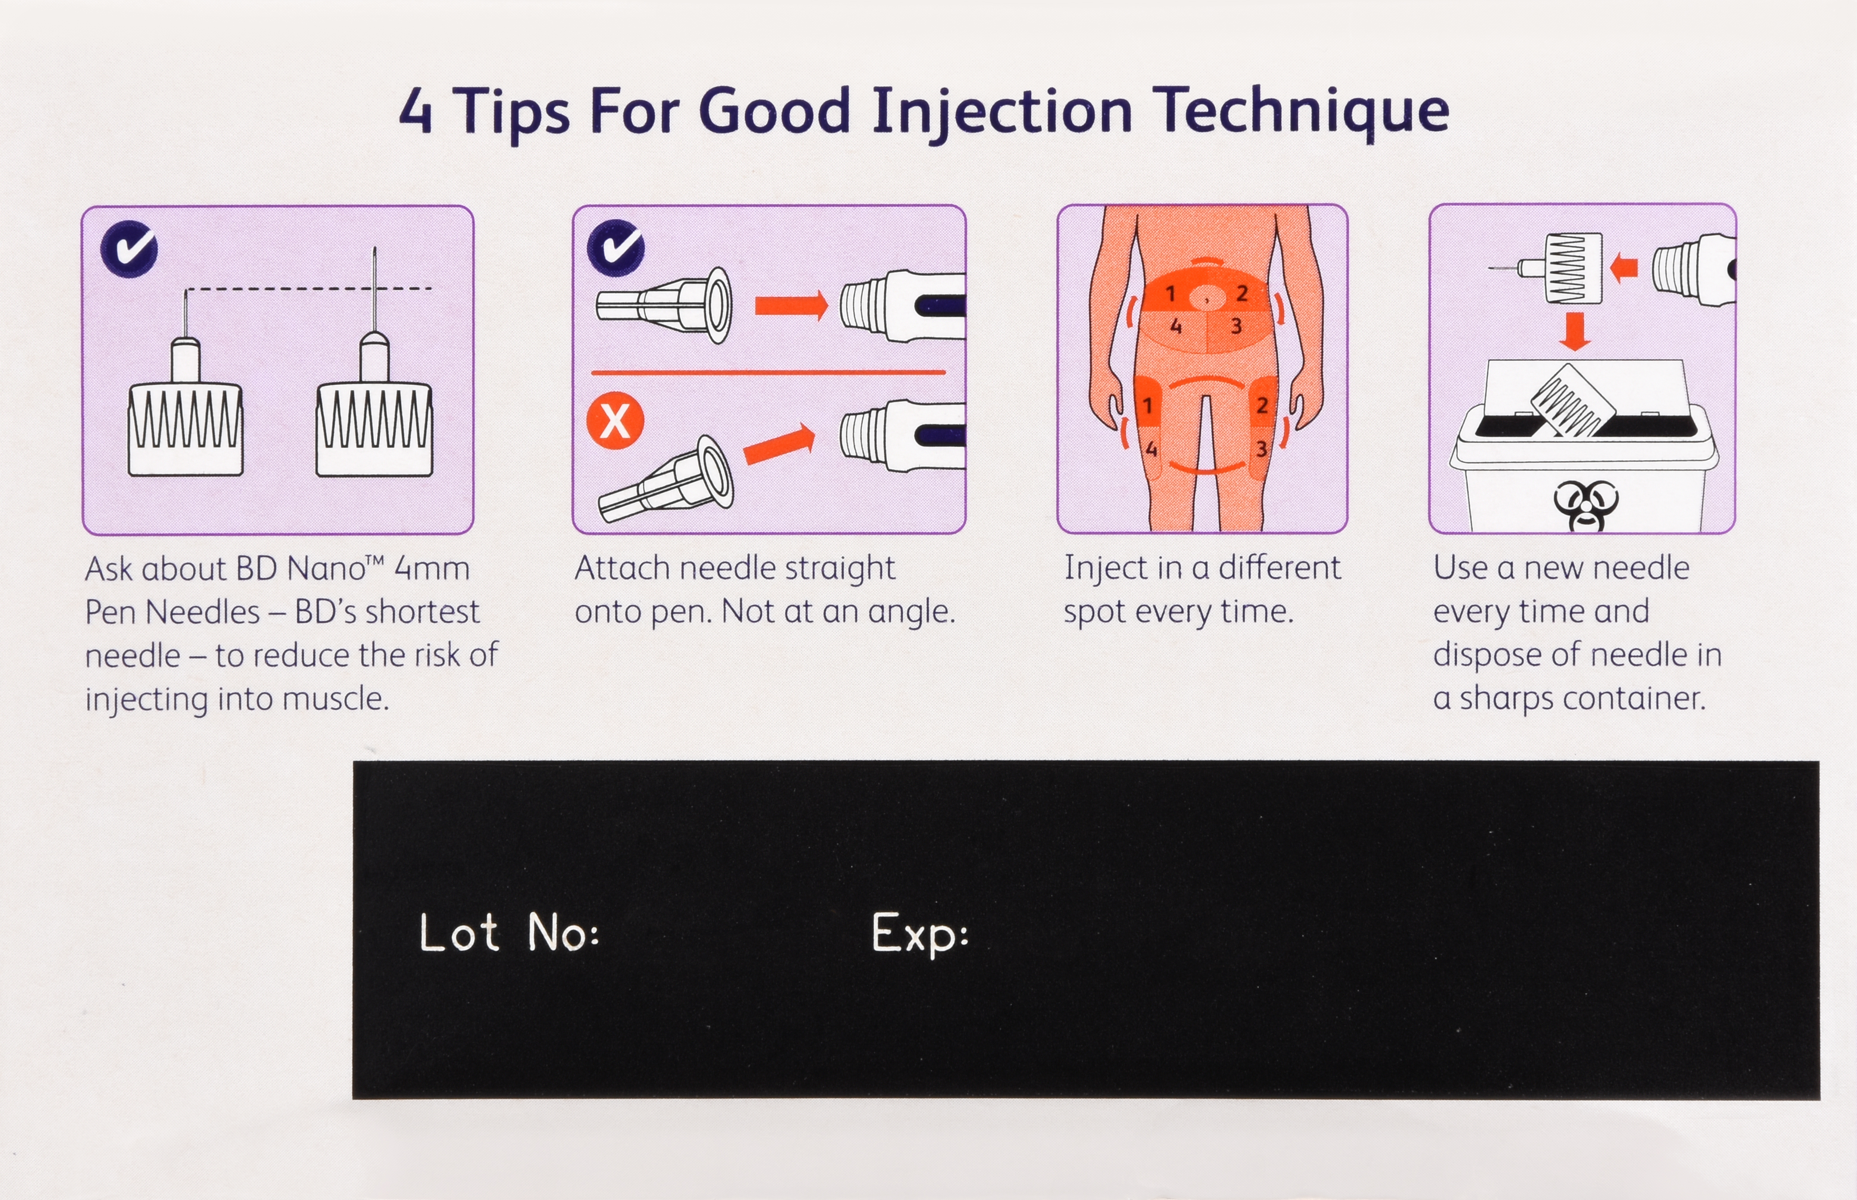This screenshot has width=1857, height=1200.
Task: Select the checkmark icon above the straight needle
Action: coord(615,248)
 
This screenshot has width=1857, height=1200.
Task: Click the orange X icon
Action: coord(615,421)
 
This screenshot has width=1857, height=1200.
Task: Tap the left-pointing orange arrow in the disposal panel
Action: coord(1623,268)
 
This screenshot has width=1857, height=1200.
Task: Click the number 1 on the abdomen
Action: coord(1170,294)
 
